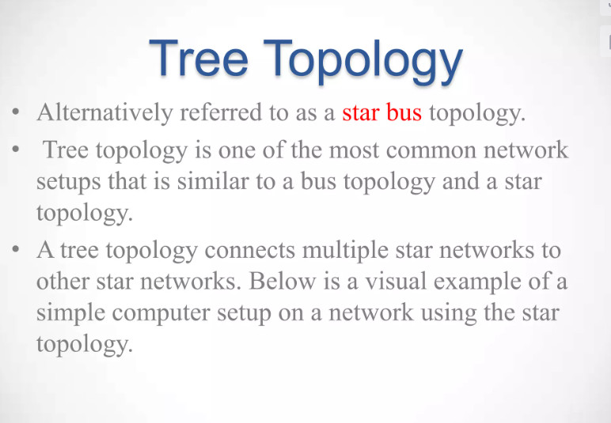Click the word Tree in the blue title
click(x=199, y=58)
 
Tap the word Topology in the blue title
click(x=363, y=62)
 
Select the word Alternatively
click(x=104, y=113)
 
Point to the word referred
click(x=221, y=112)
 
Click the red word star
click(x=360, y=113)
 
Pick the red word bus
click(x=404, y=112)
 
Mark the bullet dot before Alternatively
click(x=16, y=112)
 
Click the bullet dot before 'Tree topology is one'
click(x=16, y=149)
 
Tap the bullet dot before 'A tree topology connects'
click(x=16, y=249)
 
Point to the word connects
click(x=250, y=250)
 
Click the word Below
click(x=282, y=280)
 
